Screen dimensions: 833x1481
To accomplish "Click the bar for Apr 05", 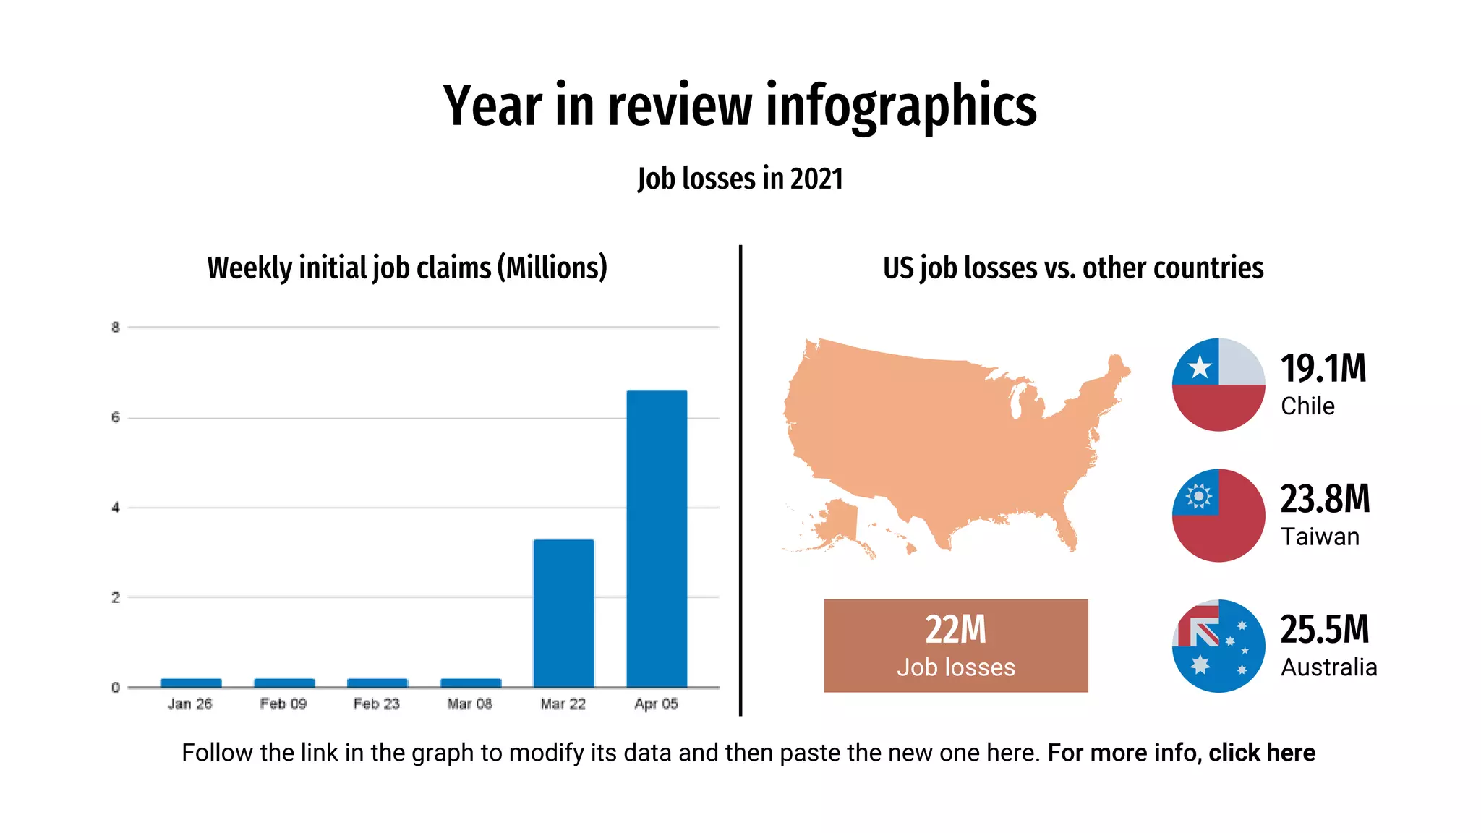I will (657, 539).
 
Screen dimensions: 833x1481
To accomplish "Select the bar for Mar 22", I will (563, 613).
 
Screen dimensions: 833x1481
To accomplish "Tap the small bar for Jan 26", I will (191, 683).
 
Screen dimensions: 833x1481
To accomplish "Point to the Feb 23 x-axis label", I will (377, 704).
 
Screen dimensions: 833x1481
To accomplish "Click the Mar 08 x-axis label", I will (469, 704).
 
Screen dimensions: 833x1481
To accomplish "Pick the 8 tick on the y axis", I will (116, 328).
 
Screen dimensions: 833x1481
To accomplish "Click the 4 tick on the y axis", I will (116, 508).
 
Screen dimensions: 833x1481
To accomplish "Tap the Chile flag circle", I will (1218, 385).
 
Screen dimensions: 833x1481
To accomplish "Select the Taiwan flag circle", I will (1218, 516).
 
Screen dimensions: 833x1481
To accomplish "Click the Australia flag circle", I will (1218, 646).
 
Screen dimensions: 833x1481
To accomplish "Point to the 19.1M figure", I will (1323, 369).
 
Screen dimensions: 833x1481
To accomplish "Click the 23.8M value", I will (1325, 499).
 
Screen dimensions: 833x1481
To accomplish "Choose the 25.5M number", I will (1325, 629).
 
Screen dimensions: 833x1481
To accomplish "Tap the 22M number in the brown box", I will (955, 630).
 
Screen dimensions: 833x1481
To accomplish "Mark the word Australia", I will (1328, 667).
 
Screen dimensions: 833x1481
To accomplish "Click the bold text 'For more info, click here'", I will (1181, 753).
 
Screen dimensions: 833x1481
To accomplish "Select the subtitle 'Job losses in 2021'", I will (740, 179).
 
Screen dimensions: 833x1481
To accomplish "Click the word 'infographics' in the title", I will (901, 106).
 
